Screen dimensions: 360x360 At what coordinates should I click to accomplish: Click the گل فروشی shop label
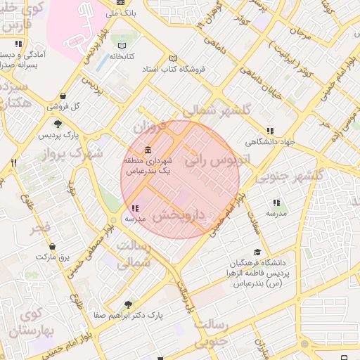tap(63, 107)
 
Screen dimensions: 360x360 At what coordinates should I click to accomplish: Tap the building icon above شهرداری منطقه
tap(148, 150)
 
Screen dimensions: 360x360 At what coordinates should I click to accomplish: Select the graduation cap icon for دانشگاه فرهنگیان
tap(257, 252)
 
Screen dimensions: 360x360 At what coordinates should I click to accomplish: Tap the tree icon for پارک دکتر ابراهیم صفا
tap(128, 304)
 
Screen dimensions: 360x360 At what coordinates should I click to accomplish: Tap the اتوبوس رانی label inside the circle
tap(217, 160)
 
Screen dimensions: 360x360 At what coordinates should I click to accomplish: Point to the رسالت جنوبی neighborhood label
tap(211, 333)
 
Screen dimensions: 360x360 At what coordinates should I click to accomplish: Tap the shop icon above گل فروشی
tap(63, 96)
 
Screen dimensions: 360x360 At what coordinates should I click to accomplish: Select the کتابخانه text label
tap(122, 56)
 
